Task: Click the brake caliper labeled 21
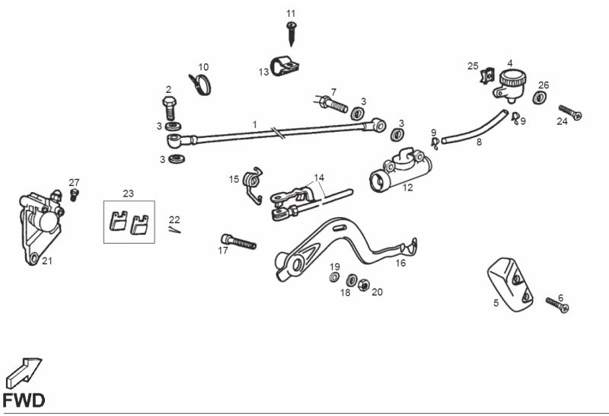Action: click(37, 226)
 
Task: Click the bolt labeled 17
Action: click(238, 242)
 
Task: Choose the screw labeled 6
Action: click(557, 306)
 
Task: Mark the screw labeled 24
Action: click(571, 113)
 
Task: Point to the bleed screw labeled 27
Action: click(75, 194)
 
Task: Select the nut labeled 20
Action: click(364, 285)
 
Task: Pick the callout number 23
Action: click(128, 194)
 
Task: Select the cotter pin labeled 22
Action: click(175, 232)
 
